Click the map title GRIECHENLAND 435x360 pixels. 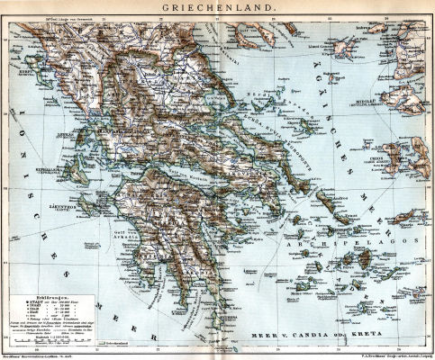pyautogui.click(x=217, y=8)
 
